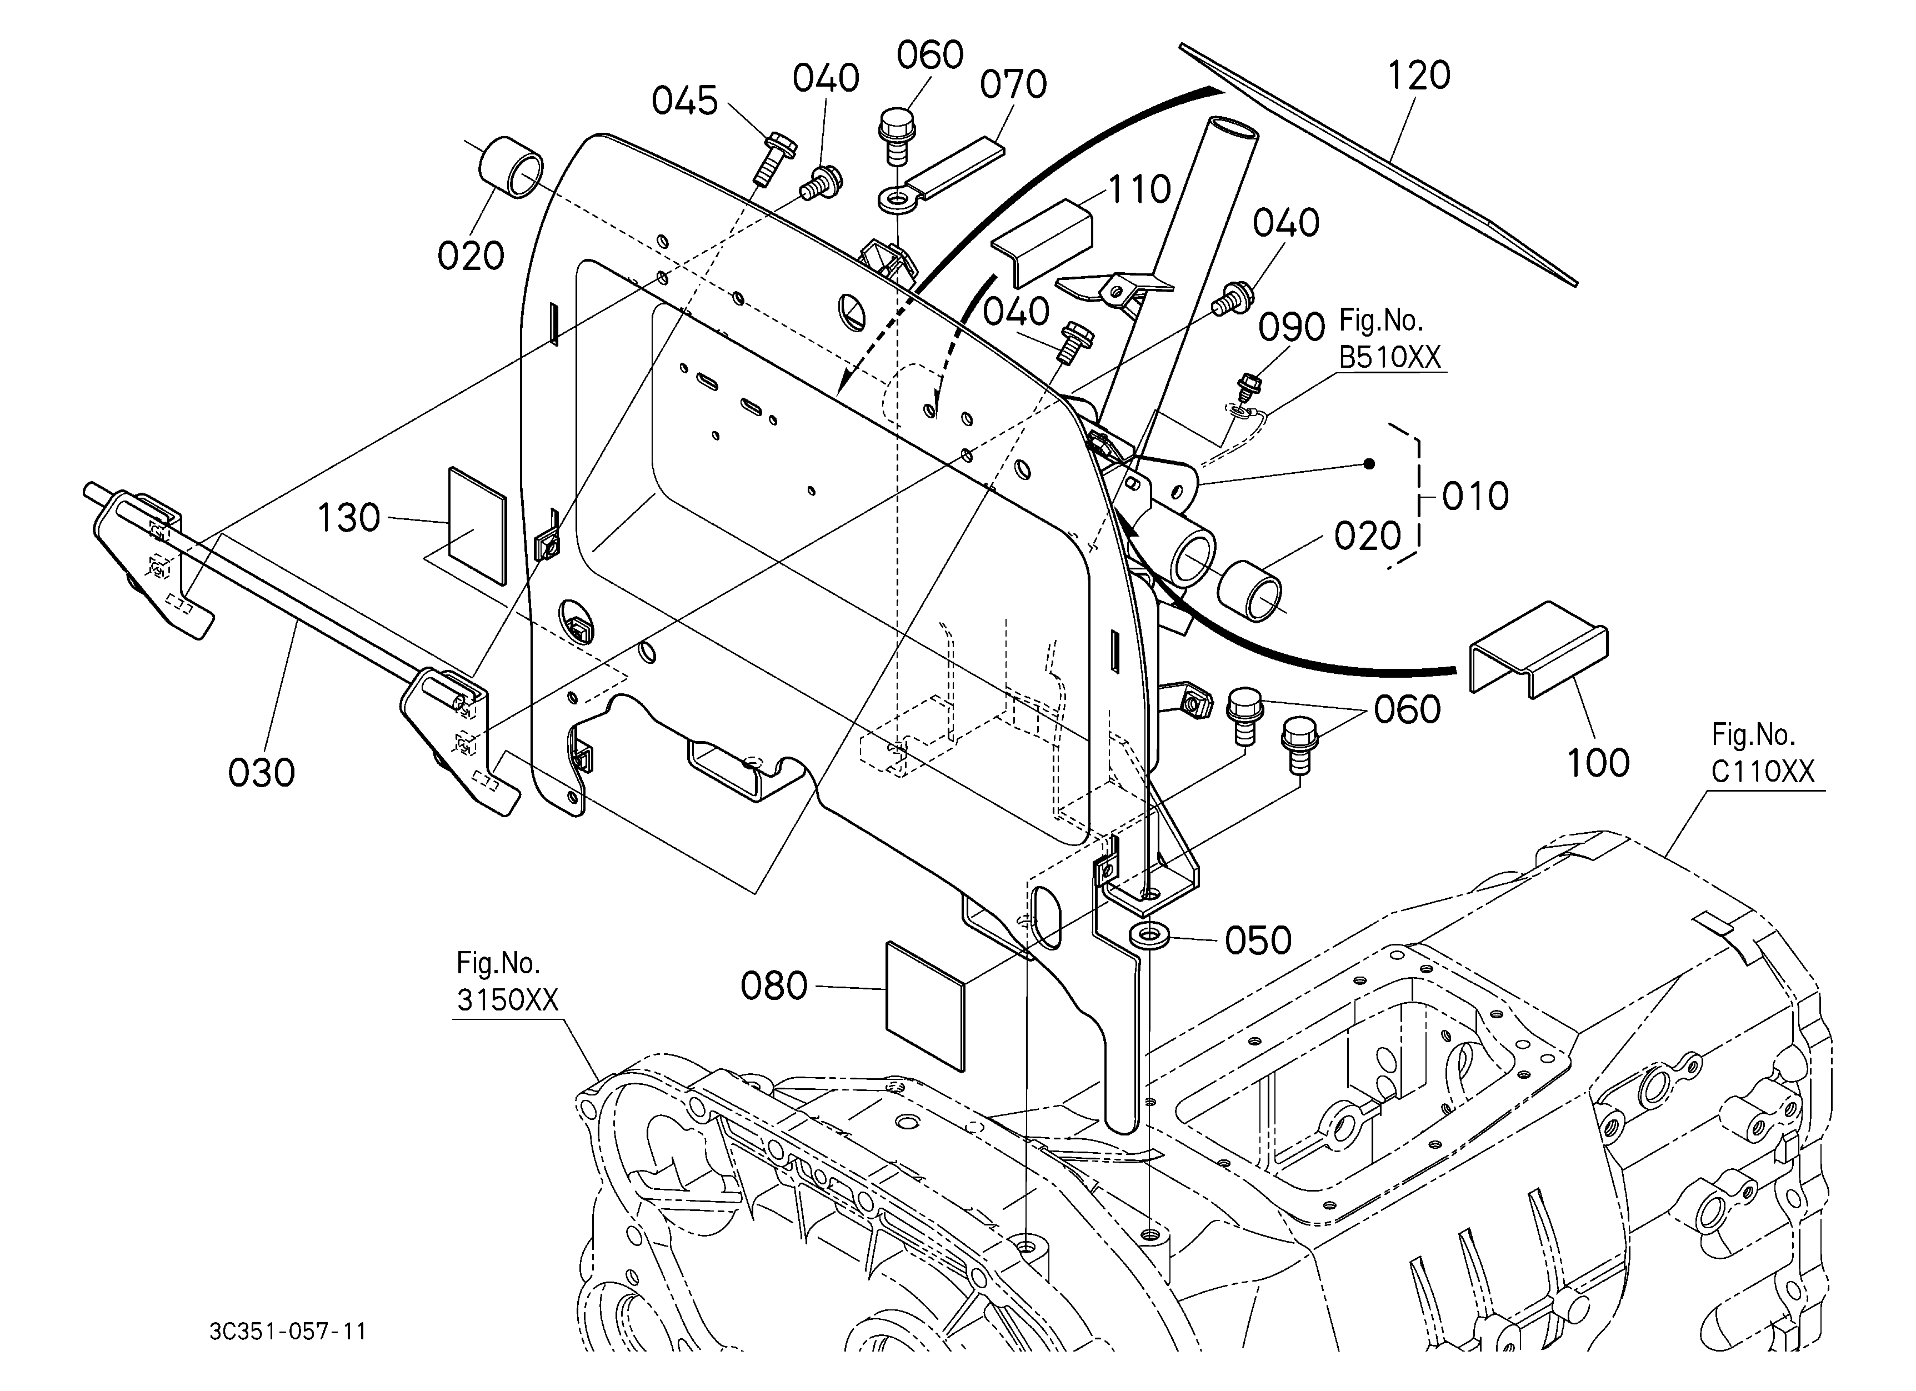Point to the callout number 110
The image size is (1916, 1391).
pos(1139,189)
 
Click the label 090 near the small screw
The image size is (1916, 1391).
pos(1292,328)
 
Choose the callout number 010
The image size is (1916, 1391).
pos(1475,497)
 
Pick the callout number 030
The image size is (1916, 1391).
pos(261,773)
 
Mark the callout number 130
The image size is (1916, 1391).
pos(348,518)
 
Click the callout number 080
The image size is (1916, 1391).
pos(774,985)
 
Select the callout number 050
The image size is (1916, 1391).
pos(1258,940)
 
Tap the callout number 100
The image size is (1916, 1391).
pos(1598,763)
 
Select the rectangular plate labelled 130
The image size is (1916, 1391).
pos(477,526)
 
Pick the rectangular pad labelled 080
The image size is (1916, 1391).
pos(924,1007)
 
